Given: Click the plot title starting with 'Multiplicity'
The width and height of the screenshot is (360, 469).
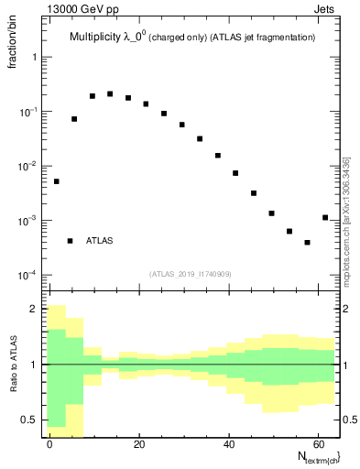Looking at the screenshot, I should (x=192, y=38).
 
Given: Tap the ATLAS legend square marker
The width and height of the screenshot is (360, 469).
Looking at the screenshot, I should (x=70, y=241).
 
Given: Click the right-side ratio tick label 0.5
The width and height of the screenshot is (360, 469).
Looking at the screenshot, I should (x=349, y=420).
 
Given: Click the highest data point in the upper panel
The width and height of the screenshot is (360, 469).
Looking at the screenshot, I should (x=110, y=93).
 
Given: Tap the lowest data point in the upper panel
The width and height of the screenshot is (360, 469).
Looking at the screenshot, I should (x=307, y=243).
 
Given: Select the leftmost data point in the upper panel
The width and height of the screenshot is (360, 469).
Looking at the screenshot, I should (x=57, y=181).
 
